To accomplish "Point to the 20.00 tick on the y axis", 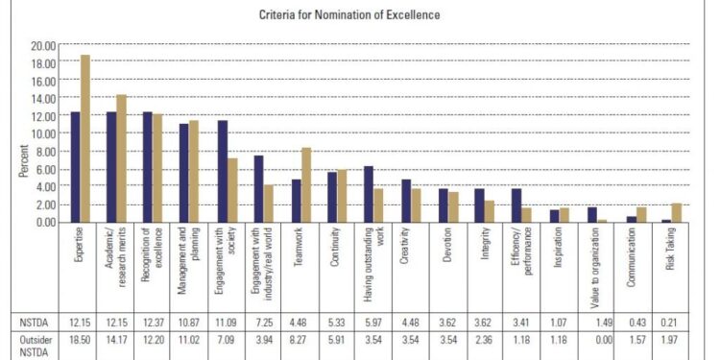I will coord(42,45).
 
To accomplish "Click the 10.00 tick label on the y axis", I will coord(42,133).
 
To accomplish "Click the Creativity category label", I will coord(409,250).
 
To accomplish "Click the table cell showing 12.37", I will coord(154,321).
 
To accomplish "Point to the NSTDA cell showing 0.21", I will coord(671,321).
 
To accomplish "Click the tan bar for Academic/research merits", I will coord(122,158).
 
